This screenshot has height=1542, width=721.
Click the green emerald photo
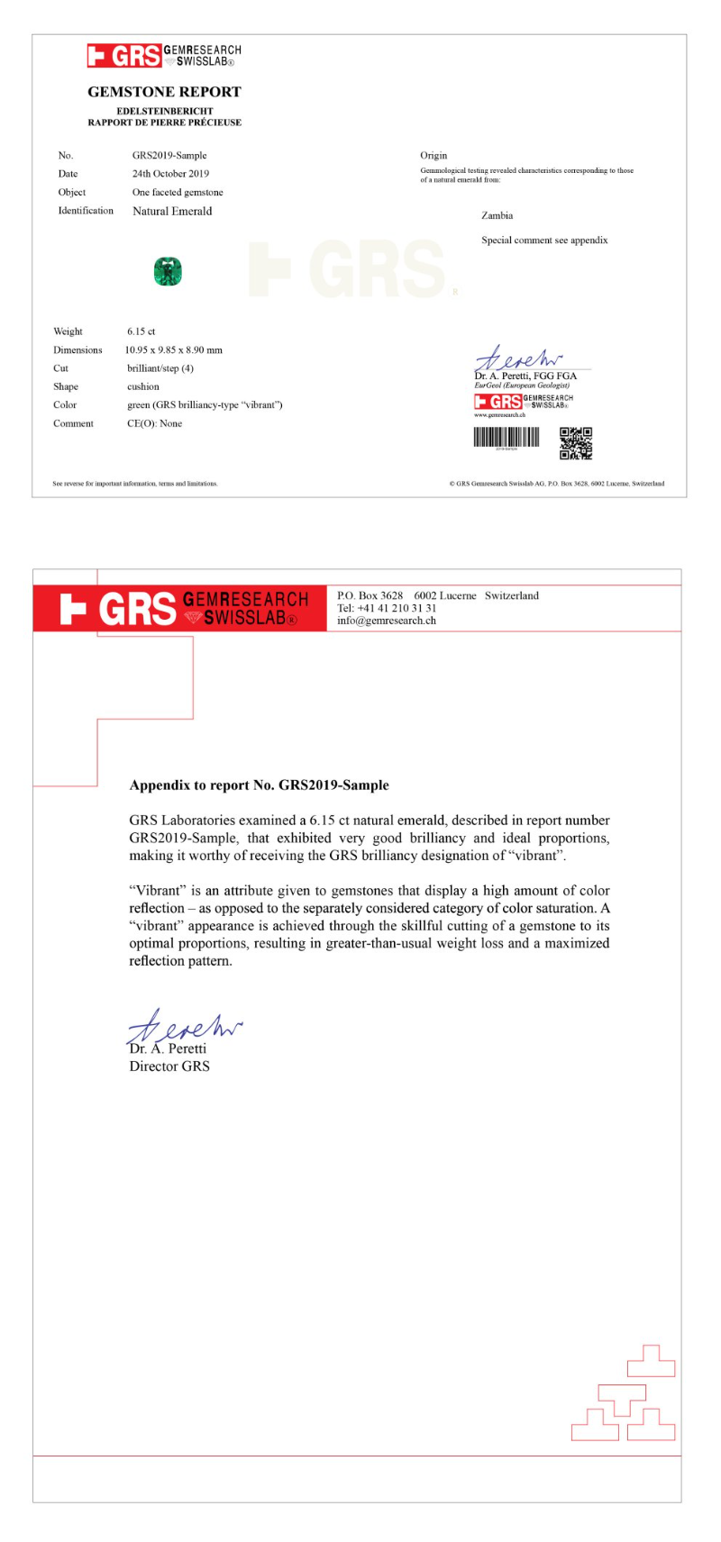[168, 271]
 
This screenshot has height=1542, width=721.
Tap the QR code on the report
[576, 443]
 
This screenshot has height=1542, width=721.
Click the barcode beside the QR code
[507, 438]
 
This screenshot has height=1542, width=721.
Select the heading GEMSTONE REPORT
[164, 92]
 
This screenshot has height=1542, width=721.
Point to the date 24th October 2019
[170, 174]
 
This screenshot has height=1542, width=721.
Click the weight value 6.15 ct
[141, 331]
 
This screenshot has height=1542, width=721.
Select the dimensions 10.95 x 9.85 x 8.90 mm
[174, 350]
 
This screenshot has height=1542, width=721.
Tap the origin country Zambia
[497, 215]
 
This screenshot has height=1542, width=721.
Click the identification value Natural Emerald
[172, 212]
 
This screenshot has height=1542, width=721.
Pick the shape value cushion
[143, 386]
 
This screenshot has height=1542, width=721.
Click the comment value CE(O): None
[154, 423]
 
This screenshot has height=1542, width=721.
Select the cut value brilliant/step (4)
[160, 368]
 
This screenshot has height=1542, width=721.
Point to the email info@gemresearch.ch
[387, 621]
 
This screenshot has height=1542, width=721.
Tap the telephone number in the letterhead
[387, 608]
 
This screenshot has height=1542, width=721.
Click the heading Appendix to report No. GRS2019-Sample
[260, 785]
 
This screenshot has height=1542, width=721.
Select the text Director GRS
[169, 1066]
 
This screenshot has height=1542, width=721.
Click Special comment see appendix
[544, 240]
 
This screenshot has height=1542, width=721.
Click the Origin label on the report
[434, 156]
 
